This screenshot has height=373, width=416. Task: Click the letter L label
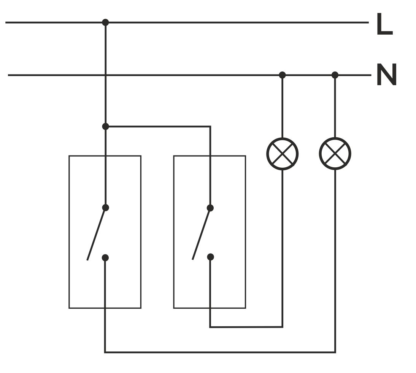tap(384, 25)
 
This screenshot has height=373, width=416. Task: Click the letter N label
tap(386, 75)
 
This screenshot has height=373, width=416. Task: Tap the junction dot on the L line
tap(105, 22)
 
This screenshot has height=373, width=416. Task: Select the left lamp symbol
tap(282, 154)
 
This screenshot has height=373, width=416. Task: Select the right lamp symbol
tap(335, 154)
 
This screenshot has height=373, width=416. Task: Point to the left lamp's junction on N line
tap(282, 75)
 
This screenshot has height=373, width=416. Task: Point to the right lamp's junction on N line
tap(335, 75)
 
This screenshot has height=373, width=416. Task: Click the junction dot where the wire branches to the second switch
tap(105, 126)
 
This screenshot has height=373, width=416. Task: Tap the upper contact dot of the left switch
tap(105, 208)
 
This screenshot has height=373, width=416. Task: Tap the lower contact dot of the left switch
tap(105, 258)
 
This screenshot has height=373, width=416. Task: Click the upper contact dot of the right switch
tap(210, 208)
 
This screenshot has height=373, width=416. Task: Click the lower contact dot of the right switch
tap(210, 257)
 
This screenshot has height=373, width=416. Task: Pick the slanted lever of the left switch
tap(96, 234)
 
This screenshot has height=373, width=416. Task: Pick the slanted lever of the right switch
tap(201, 234)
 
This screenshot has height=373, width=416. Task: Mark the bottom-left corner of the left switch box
tap(69, 308)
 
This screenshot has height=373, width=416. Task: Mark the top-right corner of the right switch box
tap(245, 156)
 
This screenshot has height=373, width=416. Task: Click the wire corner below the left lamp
tap(282, 327)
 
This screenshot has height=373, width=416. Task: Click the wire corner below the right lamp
tap(335, 352)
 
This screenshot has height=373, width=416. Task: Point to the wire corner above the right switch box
tap(210, 126)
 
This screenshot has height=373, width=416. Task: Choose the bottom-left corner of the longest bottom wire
tap(105, 352)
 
